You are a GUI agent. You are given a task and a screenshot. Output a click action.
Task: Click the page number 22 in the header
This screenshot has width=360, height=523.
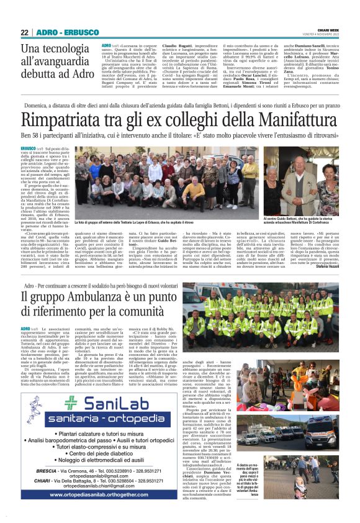(25, 32)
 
